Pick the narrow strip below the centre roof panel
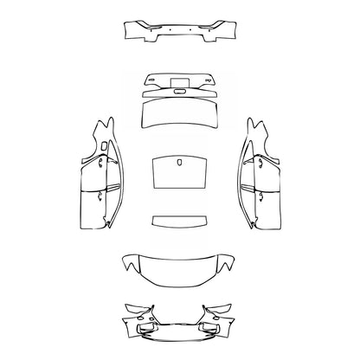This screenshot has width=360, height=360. pyautogui.click(x=179, y=219)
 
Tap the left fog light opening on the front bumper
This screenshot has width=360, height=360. pyautogui.click(x=147, y=326)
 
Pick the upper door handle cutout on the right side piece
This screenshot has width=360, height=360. pyautogui.click(x=255, y=161)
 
